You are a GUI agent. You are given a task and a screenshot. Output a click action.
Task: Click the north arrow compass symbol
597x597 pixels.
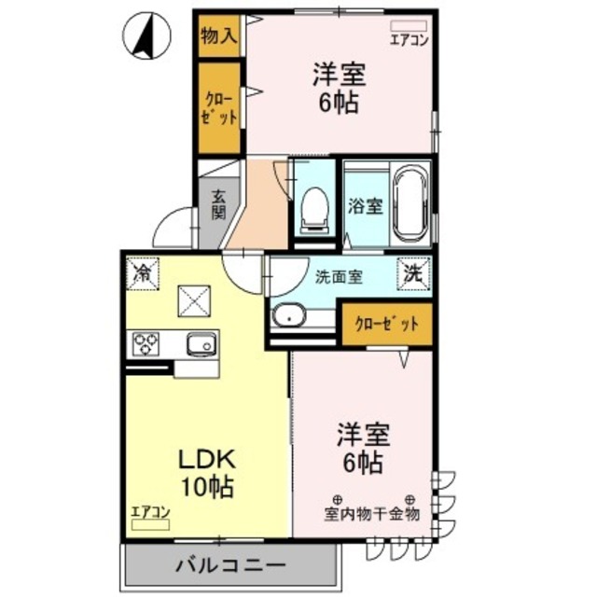[x=147, y=35]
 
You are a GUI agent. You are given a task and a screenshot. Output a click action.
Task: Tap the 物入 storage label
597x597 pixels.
[x=218, y=36]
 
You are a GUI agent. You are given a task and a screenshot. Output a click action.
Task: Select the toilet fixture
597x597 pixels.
[x=314, y=207]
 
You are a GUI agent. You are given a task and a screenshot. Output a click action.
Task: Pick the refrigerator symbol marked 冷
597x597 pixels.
[x=144, y=273]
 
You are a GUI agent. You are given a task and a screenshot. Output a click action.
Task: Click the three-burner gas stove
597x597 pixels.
[x=147, y=344]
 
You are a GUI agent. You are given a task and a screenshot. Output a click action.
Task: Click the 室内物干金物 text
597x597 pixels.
[x=372, y=513]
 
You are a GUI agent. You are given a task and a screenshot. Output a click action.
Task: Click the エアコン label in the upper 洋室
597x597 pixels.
[x=408, y=39]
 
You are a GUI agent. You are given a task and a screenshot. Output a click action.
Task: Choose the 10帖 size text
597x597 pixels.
[x=209, y=486]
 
